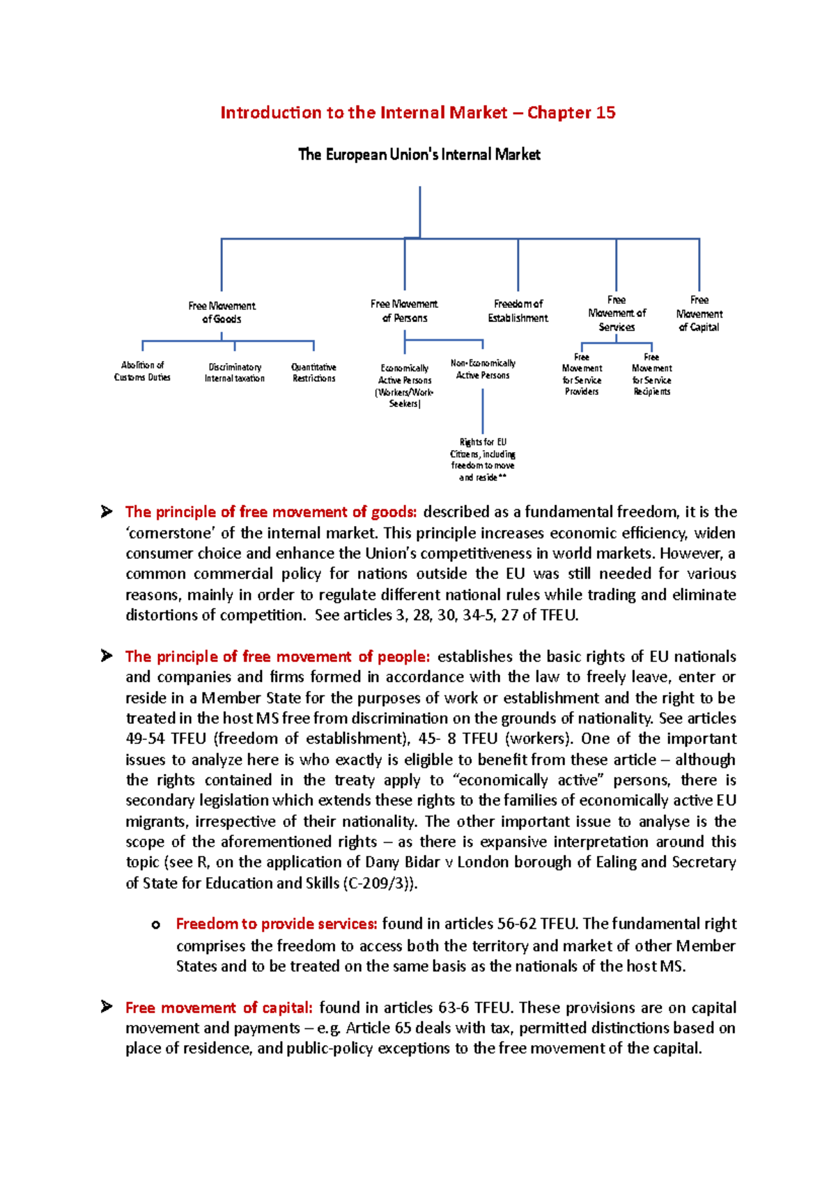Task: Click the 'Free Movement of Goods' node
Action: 222,312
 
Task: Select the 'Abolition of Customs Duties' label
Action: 142,371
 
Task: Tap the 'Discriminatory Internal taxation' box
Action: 235,373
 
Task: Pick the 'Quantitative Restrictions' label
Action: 313,373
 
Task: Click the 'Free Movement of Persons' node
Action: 404,311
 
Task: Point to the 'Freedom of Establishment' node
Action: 518,311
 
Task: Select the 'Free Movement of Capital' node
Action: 699,314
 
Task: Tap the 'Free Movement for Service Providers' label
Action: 582,375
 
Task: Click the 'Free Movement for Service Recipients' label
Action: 651,375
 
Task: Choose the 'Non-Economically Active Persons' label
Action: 483,369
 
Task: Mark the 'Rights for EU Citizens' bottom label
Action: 483,460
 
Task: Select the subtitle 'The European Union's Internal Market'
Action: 419,155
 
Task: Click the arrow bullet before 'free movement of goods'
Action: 107,512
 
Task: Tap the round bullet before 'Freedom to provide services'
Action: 156,925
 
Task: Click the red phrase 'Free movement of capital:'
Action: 219,1007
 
